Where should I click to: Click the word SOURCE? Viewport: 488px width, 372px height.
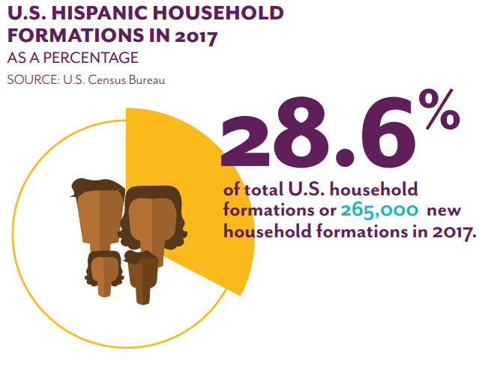pos(31,79)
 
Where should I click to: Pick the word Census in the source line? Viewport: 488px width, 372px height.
pos(105,79)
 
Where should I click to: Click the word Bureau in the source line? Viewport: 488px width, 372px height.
pos(145,79)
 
